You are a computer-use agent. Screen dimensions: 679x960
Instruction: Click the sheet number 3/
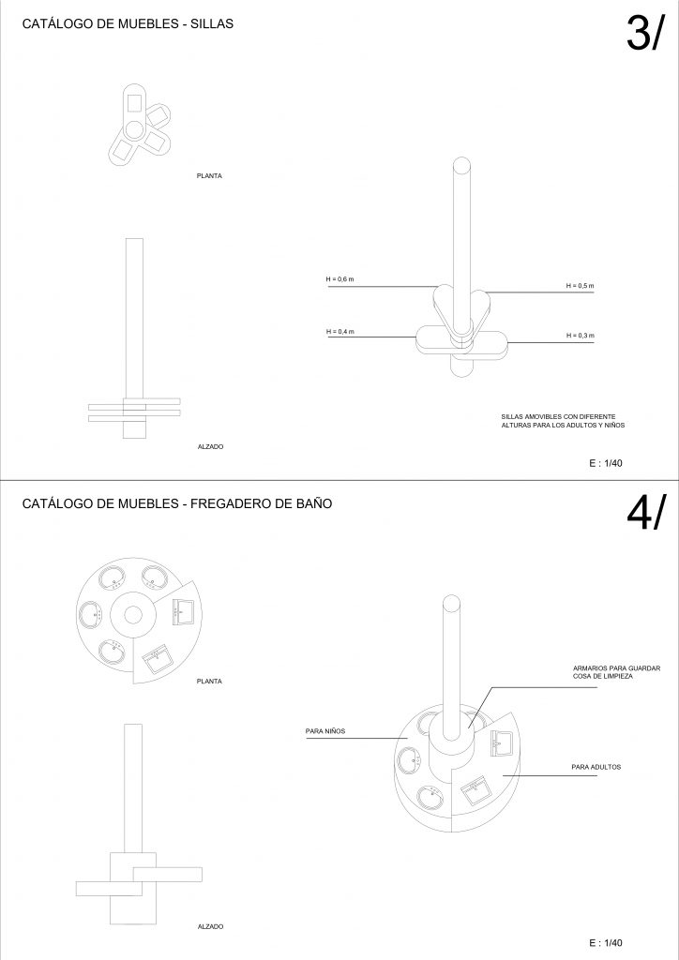click(644, 33)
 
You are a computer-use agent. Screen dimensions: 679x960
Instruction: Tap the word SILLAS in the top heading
click(212, 23)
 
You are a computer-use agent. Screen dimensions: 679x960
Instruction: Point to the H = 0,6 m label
click(339, 279)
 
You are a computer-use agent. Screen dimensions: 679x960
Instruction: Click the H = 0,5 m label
click(580, 285)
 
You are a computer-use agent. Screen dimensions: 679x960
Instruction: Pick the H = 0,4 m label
click(339, 332)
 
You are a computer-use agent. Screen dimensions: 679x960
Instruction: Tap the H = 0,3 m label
click(580, 336)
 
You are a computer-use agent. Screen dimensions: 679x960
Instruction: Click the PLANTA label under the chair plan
click(209, 175)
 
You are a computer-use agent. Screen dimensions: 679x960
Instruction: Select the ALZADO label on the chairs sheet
click(211, 447)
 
